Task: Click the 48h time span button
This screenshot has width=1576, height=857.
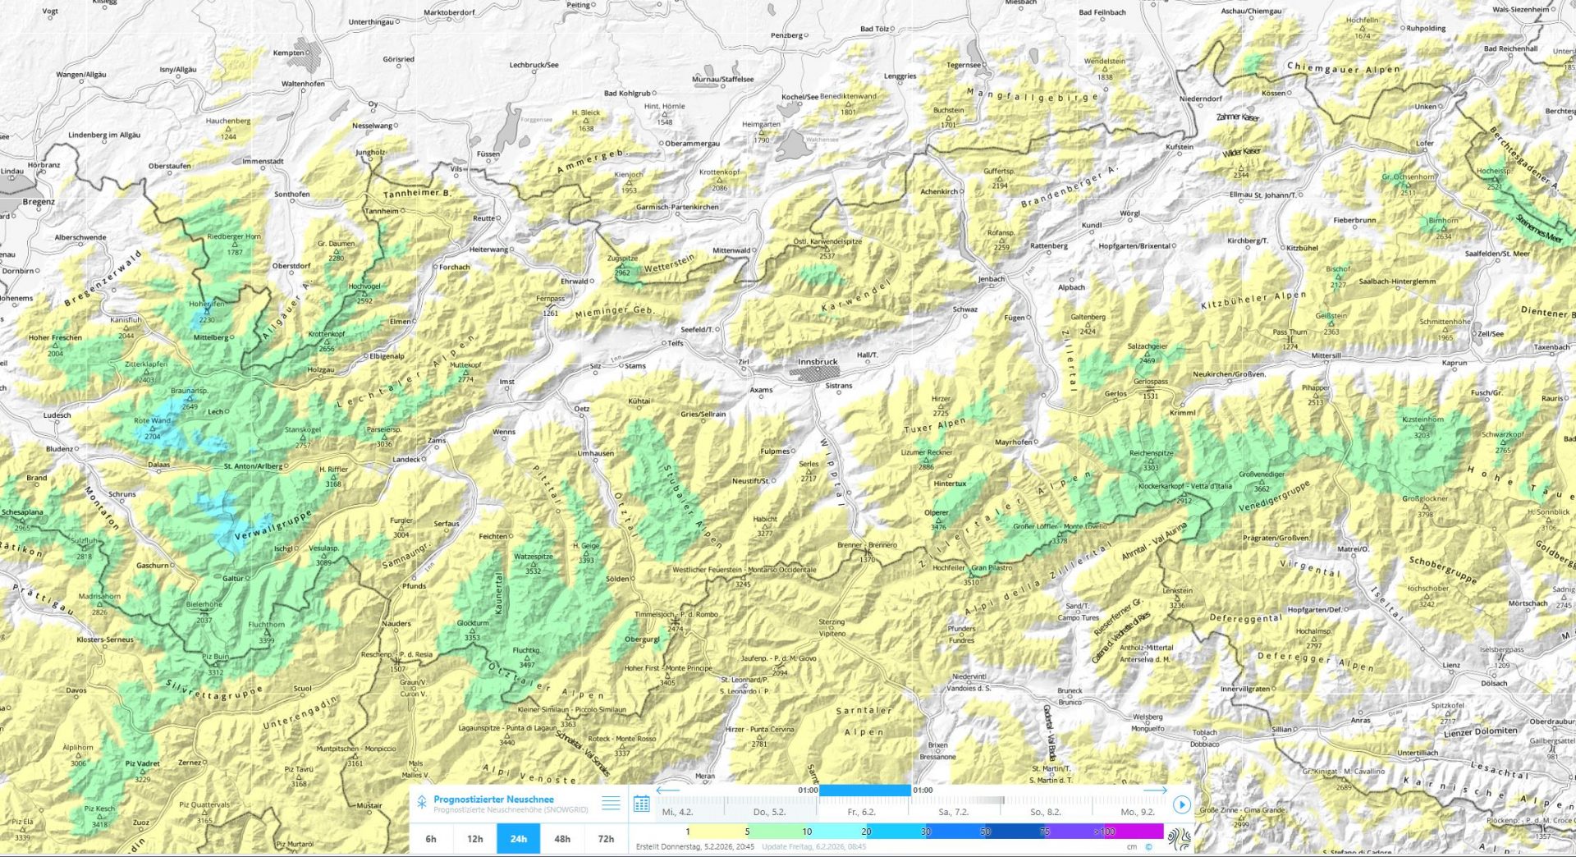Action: (562, 839)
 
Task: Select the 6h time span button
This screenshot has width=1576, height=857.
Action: (431, 839)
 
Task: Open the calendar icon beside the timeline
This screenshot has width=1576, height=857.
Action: (642, 804)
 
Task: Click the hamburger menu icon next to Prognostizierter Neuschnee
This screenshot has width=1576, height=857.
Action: (611, 804)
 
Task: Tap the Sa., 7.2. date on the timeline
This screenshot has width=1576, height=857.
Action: (953, 812)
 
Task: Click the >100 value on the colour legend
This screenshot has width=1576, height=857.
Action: (1104, 832)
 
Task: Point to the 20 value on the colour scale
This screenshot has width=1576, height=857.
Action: (866, 832)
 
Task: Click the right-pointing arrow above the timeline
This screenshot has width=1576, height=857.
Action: (1154, 790)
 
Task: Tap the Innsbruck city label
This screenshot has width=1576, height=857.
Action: (818, 362)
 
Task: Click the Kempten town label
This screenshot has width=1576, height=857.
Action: (288, 53)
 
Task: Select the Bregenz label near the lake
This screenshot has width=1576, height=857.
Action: (39, 202)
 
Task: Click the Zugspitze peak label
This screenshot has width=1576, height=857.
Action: (622, 259)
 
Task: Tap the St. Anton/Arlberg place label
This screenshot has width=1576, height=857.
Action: (253, 466)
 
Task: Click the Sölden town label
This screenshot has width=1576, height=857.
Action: (616, 579)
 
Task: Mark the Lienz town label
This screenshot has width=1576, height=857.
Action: (1451, 666)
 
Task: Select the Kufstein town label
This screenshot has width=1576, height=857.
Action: (1180, 147)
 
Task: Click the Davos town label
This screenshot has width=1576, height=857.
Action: (76, 690)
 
